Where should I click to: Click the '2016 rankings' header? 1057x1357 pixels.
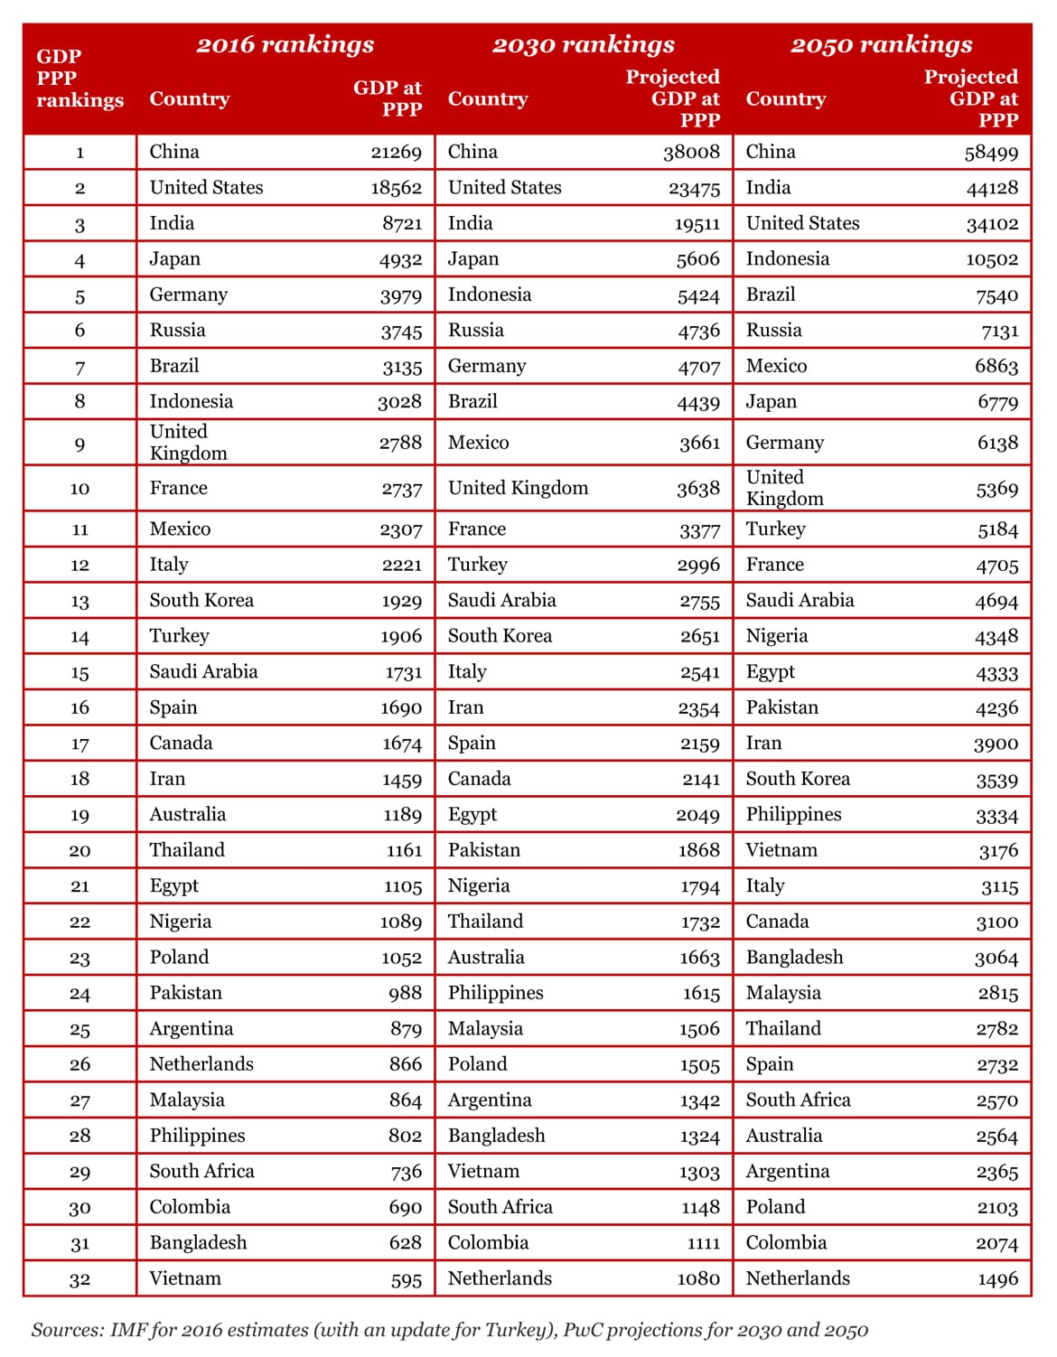285,44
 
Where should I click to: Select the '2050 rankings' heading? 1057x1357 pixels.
881,44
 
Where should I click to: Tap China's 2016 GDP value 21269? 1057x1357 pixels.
396,152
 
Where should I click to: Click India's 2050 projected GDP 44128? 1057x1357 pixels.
991,188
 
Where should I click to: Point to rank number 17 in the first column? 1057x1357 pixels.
80,744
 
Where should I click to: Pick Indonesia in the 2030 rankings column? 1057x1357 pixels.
490,295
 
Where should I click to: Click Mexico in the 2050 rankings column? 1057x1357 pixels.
776,366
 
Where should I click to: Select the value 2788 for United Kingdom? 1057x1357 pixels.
400,444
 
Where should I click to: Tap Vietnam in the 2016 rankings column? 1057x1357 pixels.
185,1278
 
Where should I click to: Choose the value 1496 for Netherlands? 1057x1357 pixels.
997,1279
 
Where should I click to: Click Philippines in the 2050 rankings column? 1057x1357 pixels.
793,814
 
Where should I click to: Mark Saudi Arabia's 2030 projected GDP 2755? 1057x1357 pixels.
699,602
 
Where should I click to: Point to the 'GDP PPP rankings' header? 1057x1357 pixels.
80,78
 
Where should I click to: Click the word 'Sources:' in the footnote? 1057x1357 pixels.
68,1330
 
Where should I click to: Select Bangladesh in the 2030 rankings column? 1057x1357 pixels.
496,1136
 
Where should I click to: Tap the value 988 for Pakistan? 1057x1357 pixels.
405,993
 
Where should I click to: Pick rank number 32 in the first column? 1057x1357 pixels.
80,1279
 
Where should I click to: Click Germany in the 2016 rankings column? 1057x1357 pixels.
188,295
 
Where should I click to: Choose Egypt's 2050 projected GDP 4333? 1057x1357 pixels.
996,673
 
